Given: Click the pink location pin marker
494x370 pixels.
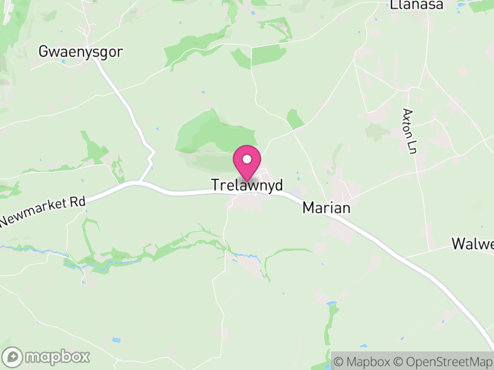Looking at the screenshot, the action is point(247,162).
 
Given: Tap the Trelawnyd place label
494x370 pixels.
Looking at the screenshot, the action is point(247,185).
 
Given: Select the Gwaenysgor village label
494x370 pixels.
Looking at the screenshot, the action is point(80,52).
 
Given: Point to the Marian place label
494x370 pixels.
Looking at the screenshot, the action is point(326,208).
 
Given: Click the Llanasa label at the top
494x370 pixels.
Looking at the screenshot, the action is point(417,5).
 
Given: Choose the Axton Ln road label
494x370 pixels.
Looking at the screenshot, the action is point(408,131).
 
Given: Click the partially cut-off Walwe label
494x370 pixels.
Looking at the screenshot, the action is point(472,244).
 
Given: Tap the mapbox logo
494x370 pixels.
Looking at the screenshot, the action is point(46,356).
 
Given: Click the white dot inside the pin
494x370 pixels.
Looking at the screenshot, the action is point(247,159).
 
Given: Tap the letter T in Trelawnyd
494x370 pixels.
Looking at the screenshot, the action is point(215,185).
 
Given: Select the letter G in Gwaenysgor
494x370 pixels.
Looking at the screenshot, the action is point(43,52).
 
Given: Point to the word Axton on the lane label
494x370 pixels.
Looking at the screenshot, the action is point(407,124).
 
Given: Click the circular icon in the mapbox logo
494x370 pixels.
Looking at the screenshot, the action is point(13,356).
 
